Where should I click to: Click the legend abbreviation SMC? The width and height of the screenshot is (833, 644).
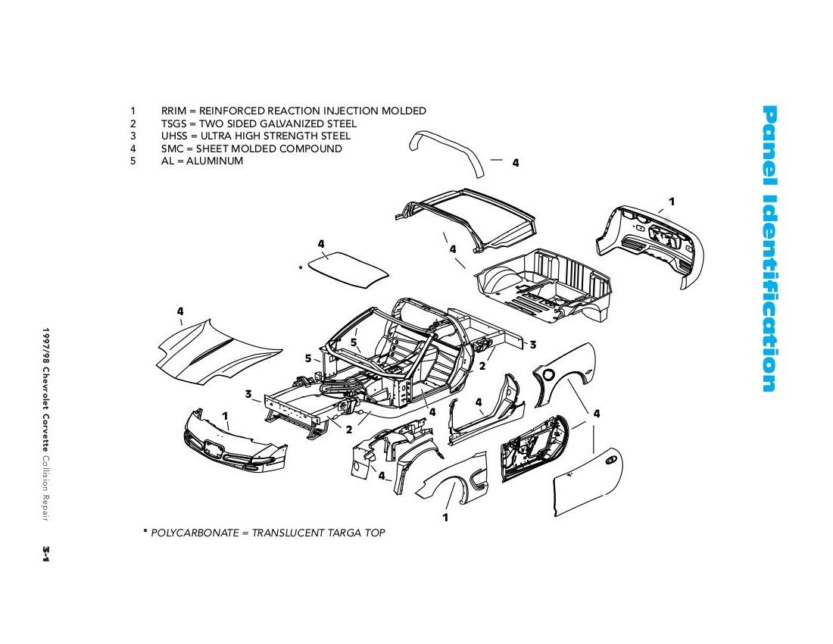click(x=172, y=148)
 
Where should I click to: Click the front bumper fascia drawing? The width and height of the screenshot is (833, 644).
click(x=235, y=445)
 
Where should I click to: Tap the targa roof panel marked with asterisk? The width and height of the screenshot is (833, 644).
click(x=352, y=269)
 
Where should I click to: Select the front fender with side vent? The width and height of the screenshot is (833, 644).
click(x=454, y=481)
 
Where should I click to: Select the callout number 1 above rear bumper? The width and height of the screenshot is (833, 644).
click(x=671, y=202)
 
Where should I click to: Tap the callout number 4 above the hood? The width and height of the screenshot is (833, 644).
click(x=180, y=311)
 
